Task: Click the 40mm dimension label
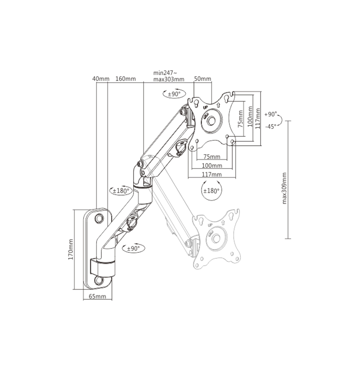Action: pyautogui.click(x=101, y=79)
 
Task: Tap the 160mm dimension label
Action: pyautogui.click(x=126, y=79)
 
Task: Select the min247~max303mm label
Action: pyautogui.click(x=169, y=76)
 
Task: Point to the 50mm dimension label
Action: pyautogui.click(x=202, y=79)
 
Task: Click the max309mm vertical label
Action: pyautogui.click(x=284, y=188)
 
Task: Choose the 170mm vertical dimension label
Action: pyautogui.click(x=71, y=250)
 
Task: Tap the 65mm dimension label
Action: pyautogui.click(x=97, y=296)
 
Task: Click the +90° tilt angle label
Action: pyautogui.click(x=270, y=114)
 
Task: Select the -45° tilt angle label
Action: pyautogui.click(x=271, y=127)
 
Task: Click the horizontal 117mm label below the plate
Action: pyautogui.click(x=211, y=174)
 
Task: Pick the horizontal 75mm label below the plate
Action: pyautogui.click(x=211, y=157)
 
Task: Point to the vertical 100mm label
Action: pyautogui.click(x=250, y=116)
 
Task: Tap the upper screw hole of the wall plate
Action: pyautogui.click(x=99, y=218)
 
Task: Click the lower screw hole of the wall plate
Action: pyautogui.click(x=99, y=280)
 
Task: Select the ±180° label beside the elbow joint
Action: pyautogui.click(x=121, y=191)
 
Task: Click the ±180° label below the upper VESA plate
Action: pyautogui.click(x=211, y=191)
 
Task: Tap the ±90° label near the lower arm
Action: pyautogui.click(x=134, y=249)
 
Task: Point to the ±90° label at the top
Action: pyautogui.click(x=174, y=94)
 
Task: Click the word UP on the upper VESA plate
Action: pyautogui.click(x=205, y=107)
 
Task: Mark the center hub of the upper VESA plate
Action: pyautogui.click(x=211, y=121)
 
